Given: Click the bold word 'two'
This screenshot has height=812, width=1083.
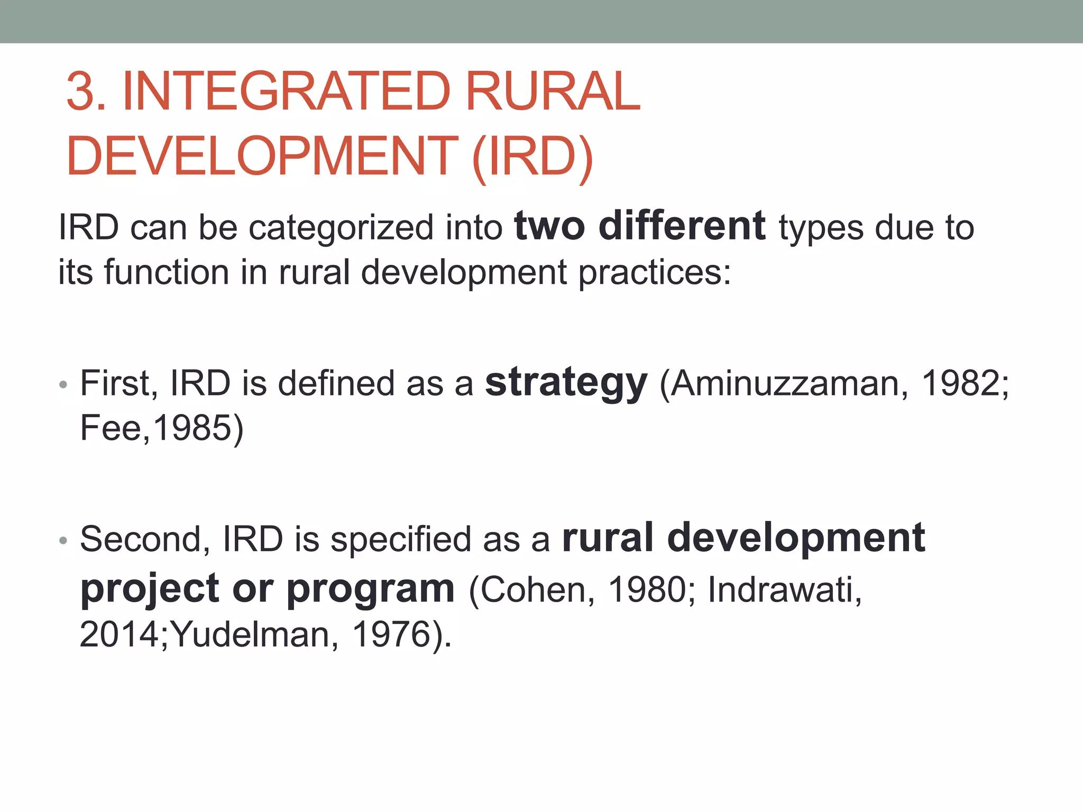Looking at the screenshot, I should [x=549, y=226].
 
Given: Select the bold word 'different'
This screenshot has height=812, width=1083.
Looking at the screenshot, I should [x=682, y=226].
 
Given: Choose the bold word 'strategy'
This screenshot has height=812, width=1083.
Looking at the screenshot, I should [x=566, y=384].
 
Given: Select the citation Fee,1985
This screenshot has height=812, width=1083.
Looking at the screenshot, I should [x=161, y=428].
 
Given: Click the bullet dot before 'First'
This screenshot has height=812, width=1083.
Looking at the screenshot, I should [x=63, y=385].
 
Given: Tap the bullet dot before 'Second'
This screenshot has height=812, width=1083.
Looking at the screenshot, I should [x=63, y=540].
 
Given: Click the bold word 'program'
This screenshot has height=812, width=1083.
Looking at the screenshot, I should [x=370, y=589].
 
